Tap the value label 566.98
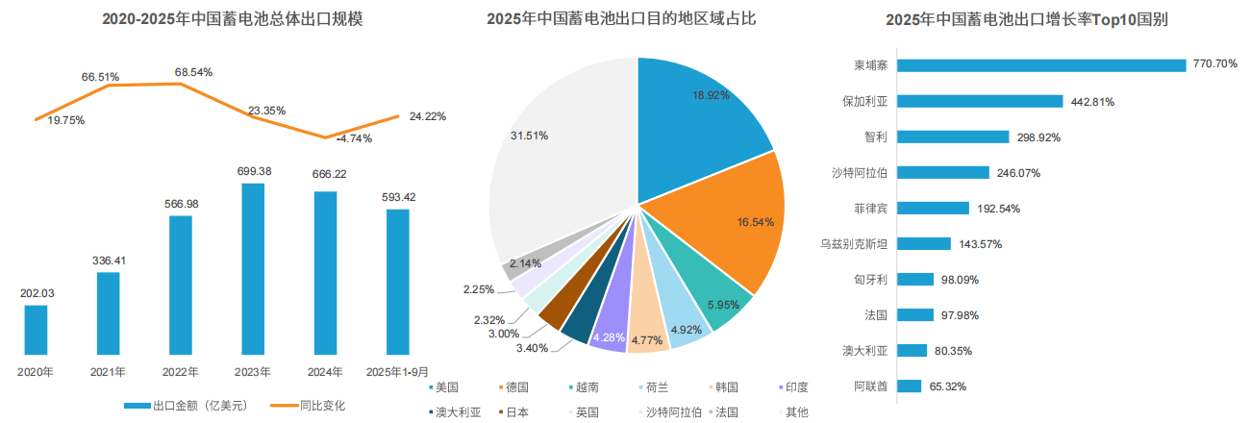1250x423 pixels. pos(181,204)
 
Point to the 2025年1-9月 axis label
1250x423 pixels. pos(397,371)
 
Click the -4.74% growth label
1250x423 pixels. pos(354,138)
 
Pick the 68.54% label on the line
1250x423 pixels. pos(193,72)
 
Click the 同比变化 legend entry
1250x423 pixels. pos(309,406)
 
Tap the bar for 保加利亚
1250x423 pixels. pos(980,101)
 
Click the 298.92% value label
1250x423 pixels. pos(1038,137)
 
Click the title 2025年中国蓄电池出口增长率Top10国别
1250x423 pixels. pos(1026,19)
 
